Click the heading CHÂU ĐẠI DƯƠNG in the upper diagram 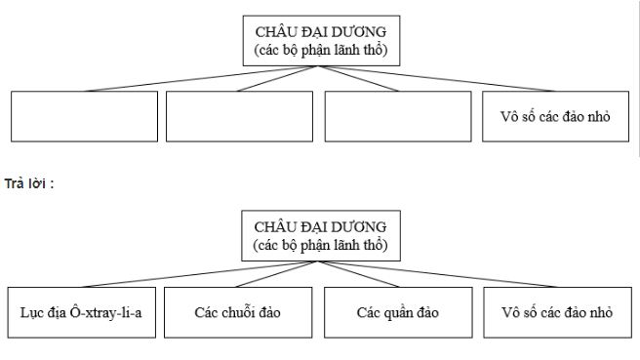pos(321,31)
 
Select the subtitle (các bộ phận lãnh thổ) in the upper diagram pos(321,49)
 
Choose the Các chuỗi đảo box pos(237,313)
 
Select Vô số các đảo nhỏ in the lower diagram pos(556,313)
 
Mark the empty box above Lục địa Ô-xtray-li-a pos(84,117)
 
